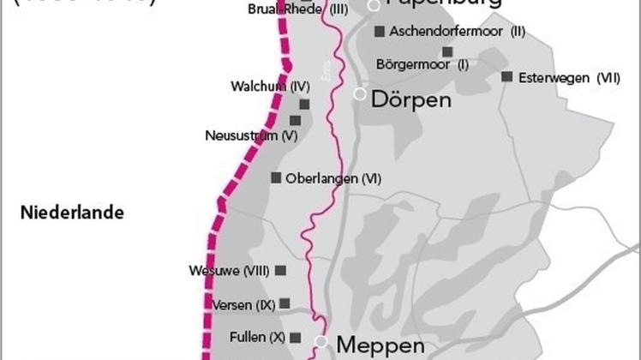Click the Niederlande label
[x=73, y=213]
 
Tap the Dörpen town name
[x=410, y=99]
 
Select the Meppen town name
[x=380, y=345]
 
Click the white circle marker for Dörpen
[x=361, y=93]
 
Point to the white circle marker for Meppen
[x=321, y=342]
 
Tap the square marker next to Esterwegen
[x=506, y=76]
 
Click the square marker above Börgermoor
[x=447, y=51]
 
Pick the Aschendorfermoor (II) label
[x=457, y=32]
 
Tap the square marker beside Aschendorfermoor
[x=379, y=32]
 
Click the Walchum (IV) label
[x=269, y=87]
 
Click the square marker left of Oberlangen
[x=276, y=177]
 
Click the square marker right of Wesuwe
[x=280, y=270]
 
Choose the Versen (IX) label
[x=242, y=304]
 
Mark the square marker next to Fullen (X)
[x=296, y=337]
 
